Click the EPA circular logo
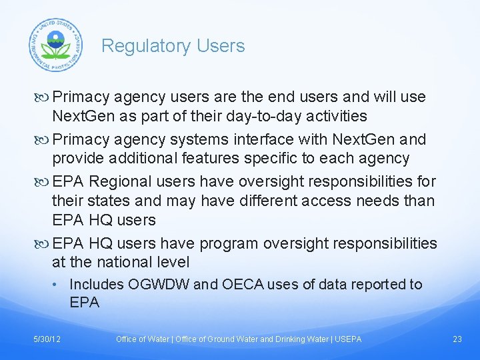point(56,45)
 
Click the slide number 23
point(457,339)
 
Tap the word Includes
point(97,285)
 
